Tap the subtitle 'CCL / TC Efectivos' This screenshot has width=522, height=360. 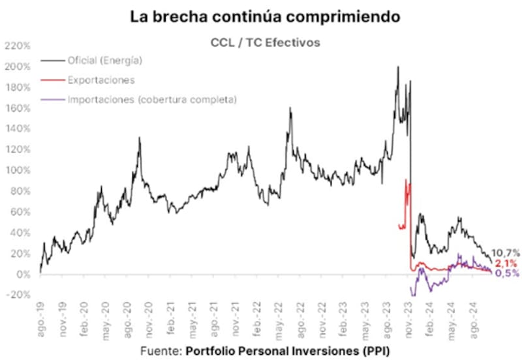tap(262, 43)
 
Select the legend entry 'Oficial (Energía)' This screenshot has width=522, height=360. tap(104, 61)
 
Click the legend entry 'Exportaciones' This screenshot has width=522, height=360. tap(100, 80)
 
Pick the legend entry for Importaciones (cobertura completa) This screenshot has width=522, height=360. tap(151, 100)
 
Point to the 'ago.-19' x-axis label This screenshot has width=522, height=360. tap(40, 320)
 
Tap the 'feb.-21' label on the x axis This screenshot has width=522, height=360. tap(171, 320)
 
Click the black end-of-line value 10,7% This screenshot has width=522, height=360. tap(506, 252)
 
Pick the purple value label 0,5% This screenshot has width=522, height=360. tap(506, 273)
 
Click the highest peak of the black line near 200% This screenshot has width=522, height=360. tap(397, 67)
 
